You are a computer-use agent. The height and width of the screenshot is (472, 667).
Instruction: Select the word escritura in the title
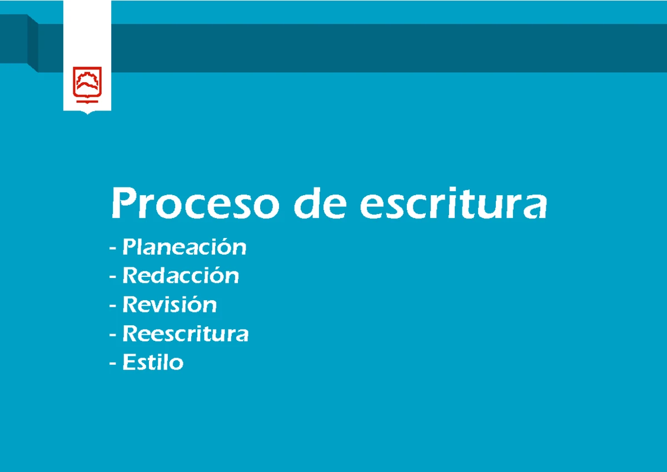click(x=453, y=205)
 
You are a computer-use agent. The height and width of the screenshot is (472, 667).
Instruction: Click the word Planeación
click(x=184, y=247)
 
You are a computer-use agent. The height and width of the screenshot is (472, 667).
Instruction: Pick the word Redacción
click(x=181, y=276)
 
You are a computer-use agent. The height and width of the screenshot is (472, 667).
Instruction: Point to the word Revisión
click(x=170, y=305)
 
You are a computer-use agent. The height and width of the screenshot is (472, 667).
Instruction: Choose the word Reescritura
click(x=185, y=334)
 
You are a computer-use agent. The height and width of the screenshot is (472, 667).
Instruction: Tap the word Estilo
click(x=153, y=363)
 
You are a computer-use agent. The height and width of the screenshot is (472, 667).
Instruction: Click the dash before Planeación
click(x=113, y=249)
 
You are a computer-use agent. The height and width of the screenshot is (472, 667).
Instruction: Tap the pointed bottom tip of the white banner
click(x=87, y=112)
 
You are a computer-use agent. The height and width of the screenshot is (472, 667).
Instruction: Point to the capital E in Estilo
click(x=129, y=363)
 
